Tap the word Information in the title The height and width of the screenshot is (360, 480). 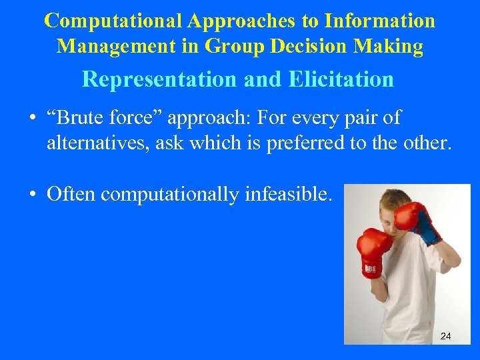(379, 21)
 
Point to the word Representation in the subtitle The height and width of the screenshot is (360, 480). (159, 79)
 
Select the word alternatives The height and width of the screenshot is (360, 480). (98, 143)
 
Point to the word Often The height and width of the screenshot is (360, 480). (71, 194)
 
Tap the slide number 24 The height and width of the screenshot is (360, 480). (446, 336)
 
